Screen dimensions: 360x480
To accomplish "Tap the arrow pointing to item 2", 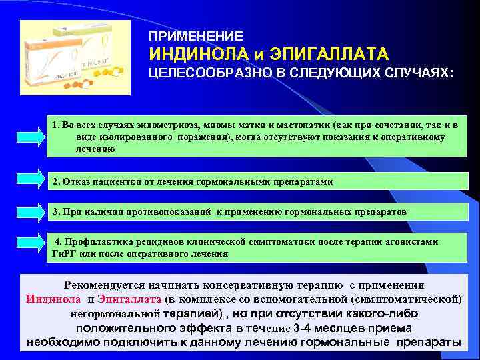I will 24,181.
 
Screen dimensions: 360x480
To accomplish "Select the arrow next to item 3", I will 24,211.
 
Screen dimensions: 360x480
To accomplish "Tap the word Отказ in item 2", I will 76,181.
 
